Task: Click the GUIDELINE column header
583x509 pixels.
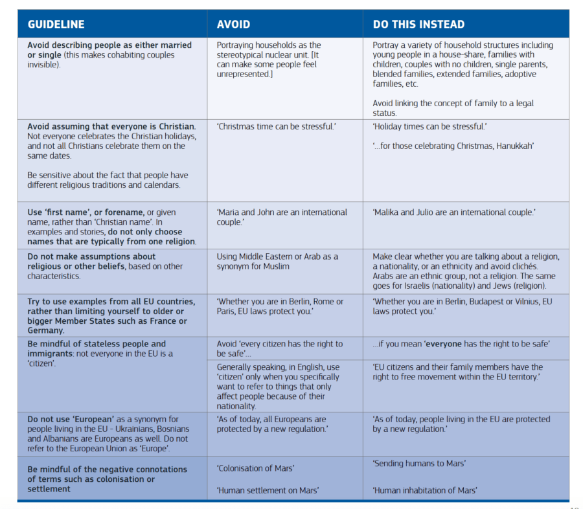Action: tap(56, 25)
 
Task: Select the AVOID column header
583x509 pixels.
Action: tap(233, 25)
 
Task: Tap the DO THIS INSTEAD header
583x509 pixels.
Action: tap(418, 25)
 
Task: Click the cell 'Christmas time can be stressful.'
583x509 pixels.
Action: tap(277, 126)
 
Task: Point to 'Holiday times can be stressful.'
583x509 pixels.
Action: tap(429, 126)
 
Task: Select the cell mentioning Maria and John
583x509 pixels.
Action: tap(282, 217)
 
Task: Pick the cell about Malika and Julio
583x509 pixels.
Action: tap(454, 212)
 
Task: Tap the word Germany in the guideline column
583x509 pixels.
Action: tap(45, 331)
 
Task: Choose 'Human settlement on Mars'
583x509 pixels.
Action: tap(268, 490)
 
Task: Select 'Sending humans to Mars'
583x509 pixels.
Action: tap(419, 463)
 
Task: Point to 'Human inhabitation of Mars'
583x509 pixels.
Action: tap(425, 490)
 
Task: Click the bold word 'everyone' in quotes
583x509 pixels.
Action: tap(444, 344)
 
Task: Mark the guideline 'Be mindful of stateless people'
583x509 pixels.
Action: tap(97, 344)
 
